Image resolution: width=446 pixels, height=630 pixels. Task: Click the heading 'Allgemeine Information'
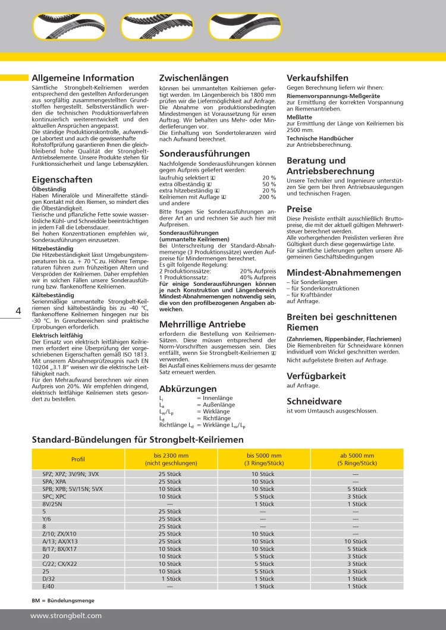(x=83, y=78)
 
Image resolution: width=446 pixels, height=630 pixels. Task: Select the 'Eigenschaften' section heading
(x=62, y=179)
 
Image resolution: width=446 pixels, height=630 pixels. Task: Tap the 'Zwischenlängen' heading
(x=194, y=78)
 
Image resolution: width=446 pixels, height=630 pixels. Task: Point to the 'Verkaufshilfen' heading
(x=318, y=78)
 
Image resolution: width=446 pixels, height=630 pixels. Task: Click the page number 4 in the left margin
(x=18, y=311)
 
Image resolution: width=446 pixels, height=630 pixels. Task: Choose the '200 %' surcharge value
(x=267, y=196)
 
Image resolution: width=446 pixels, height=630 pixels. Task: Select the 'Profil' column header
(x=78, y=459)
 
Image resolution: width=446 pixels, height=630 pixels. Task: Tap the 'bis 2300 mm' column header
(x=162, y=459)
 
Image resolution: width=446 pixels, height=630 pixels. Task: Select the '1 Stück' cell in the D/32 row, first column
(x=171, y=578)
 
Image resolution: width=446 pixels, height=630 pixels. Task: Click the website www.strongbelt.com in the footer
(x=66, y=616)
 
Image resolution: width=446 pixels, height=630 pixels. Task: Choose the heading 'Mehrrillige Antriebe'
(x=202, y=325)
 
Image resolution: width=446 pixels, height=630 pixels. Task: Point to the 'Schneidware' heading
(x=314, y=401)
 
